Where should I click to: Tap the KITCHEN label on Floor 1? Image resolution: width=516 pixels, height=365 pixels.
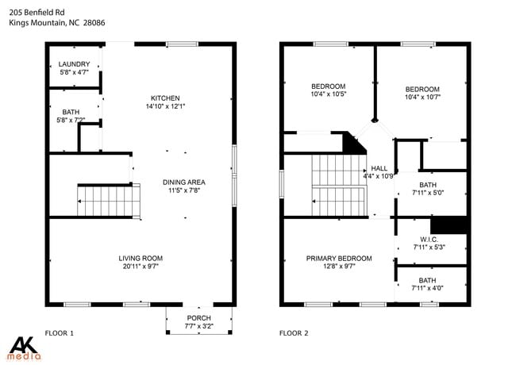pyautogui.click(x=163, y=98)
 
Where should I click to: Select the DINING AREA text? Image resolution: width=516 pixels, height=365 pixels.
pyautogui.click(x=184, y=182)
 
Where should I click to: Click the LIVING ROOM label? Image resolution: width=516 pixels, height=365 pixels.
pyautogui.click(x=141, y=258)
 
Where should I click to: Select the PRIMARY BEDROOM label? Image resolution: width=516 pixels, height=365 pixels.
pyautogui.click(x=339, y=258)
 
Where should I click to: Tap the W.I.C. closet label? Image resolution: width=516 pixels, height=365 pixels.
pyautogui.click(x=429, y=239)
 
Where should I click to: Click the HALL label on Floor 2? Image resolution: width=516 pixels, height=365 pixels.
pyautogui.click(x=379, y=168)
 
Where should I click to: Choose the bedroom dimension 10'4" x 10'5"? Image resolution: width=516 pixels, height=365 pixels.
pyautogui.click(x=328, y=95)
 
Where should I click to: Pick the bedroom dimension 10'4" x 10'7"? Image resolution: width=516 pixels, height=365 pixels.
pyautogui.click(x=422, y=98)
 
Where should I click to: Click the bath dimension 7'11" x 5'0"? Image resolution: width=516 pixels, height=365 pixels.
pyautogui.click(x=429, y=192)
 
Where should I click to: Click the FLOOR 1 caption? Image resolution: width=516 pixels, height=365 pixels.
pyautogui.click(x=60, y=333)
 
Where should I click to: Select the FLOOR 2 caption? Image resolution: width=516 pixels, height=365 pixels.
pyautogui.click(x=293, y=333)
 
